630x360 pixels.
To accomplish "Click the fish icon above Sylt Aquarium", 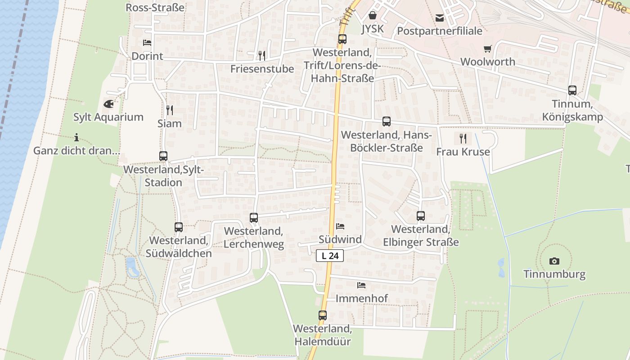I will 108,104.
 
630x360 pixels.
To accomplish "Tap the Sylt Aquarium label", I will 108,117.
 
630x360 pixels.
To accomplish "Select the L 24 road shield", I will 330,256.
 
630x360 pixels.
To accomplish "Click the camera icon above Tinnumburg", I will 554,261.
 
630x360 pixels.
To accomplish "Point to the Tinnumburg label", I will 554,274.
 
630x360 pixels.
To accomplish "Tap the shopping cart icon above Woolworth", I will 488,49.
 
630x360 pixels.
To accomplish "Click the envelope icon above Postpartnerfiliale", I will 440,18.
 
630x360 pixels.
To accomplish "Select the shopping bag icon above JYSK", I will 373,16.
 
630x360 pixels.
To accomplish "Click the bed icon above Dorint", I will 147,43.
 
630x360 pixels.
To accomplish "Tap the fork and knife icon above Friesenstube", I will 262,55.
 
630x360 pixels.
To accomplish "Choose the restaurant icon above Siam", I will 170,110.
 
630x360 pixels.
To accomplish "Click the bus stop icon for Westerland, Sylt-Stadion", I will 163,156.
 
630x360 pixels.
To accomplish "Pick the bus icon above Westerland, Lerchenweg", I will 254,218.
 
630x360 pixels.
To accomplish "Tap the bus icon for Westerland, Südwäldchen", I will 179,227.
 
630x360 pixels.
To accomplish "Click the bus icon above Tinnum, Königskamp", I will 572,90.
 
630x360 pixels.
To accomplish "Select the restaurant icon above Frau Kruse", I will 463,138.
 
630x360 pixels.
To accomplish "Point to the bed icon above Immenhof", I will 361,285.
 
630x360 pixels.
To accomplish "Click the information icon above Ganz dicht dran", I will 76,137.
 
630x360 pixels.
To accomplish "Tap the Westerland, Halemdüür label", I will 322,335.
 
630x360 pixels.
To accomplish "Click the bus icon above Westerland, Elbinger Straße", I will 421,216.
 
